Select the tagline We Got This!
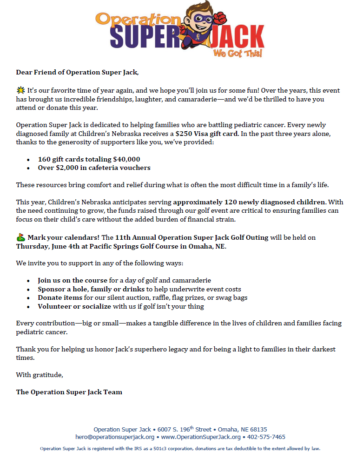(237, 54)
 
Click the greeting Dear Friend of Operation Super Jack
(77, 72)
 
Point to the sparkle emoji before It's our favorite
(20, 90)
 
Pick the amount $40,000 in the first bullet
(126, 159)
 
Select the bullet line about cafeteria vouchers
(94, 168)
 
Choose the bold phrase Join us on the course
(73, 280)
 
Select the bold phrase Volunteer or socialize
(74, 306)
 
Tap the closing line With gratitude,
(40, 374)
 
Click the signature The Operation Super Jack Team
(69, 392)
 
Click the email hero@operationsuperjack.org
(115, 437)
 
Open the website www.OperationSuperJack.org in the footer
(201, 437)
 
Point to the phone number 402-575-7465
(266, 437)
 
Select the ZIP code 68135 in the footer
(257, 429)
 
